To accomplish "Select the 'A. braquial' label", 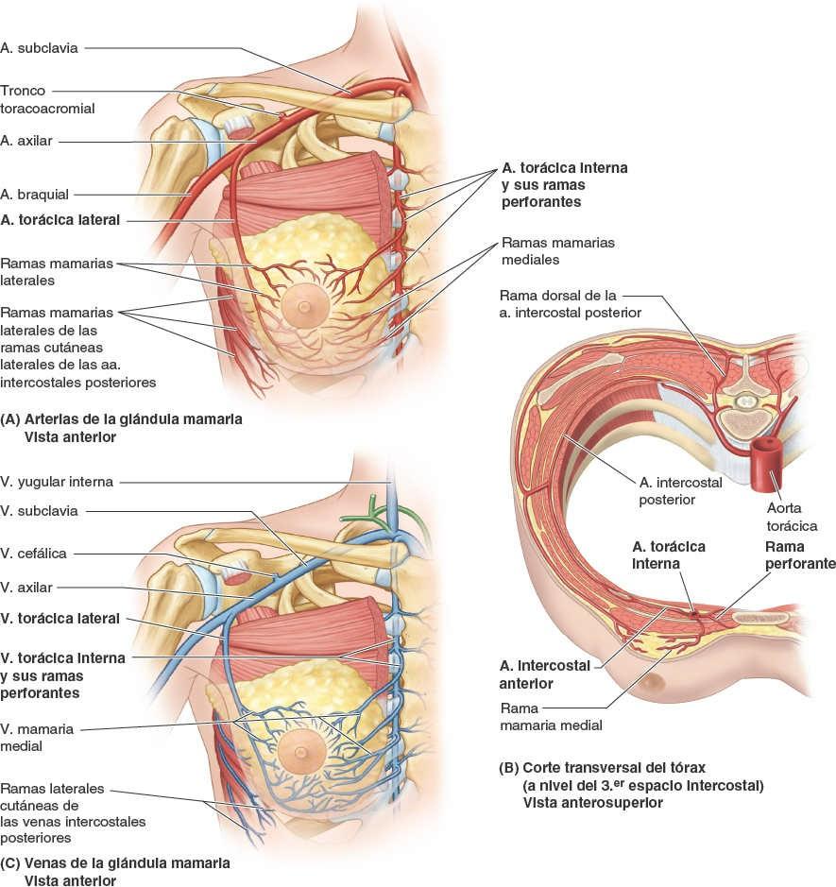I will pos(35,195).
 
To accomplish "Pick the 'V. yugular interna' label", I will pos(57,482).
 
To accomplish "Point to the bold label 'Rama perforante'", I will pos(799,555).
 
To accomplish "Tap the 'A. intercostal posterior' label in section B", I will pos(666,490).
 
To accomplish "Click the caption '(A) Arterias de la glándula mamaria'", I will pos(122,418).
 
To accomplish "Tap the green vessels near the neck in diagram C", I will pos(382,516).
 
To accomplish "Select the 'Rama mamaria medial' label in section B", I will pos(551,717).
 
